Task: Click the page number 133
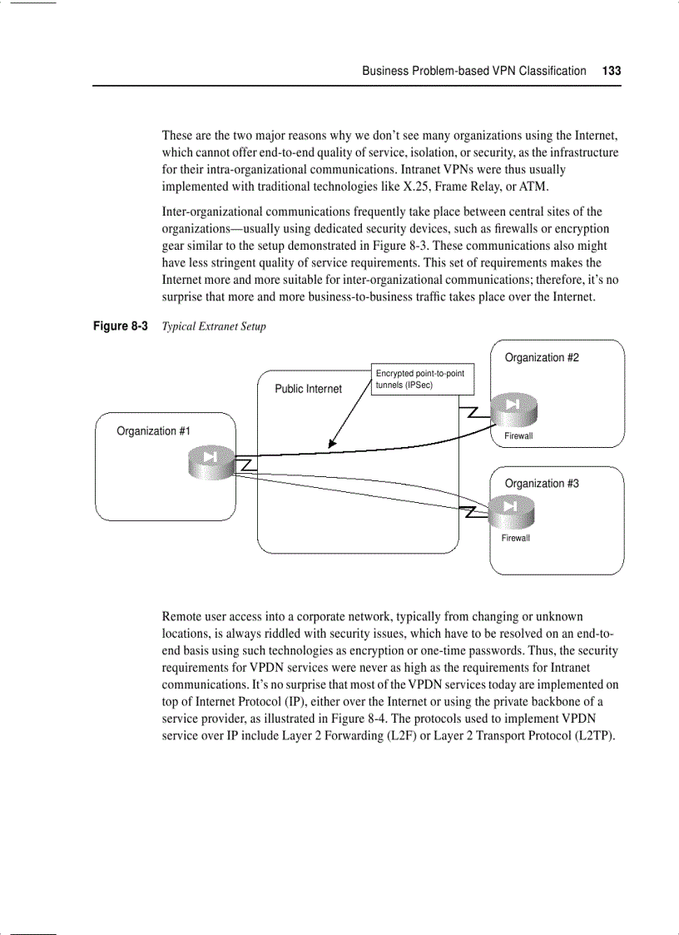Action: point(612,71)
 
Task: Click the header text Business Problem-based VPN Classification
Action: point(473,71)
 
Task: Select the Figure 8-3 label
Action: point(120,326)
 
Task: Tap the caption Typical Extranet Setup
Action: point(214,326)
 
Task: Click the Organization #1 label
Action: point(153,431)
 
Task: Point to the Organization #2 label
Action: point(542,358)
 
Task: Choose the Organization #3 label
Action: point(542,484)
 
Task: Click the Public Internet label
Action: point(308,389)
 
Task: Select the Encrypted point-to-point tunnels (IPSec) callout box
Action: point(423,380)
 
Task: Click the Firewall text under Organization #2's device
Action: point(518,436)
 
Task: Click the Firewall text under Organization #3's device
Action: point(515,538)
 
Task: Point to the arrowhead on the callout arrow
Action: point(331,445)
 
